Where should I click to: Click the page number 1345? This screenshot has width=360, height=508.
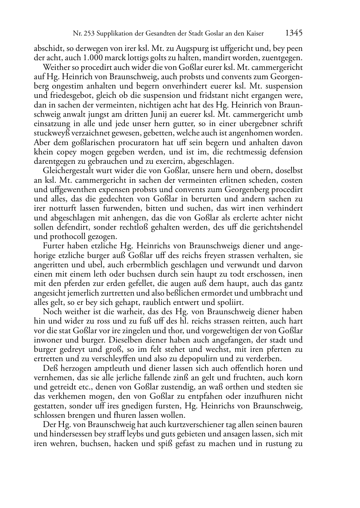click(x=294, y=33)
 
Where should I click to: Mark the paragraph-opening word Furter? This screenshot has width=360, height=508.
click(x=53, y=246)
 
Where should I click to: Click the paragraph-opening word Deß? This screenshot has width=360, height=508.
click(x=49, y=368)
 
